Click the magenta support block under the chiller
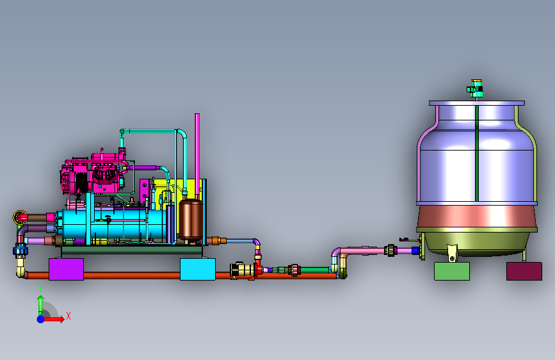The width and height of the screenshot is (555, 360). click(x=66, y=269)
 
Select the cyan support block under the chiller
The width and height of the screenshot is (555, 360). click(x=198, y=269)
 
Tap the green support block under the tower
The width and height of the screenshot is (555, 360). click(x=452, y=272)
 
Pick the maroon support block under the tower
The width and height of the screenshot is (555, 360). click(x=524, y=272)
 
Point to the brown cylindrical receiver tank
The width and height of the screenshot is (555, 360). click(x=191, y=220)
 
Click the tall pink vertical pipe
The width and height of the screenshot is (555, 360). click(x=197, y=156)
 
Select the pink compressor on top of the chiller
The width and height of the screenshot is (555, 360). click(x=93, y=174)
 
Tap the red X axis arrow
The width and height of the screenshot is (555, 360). click(x=53, y=319)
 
